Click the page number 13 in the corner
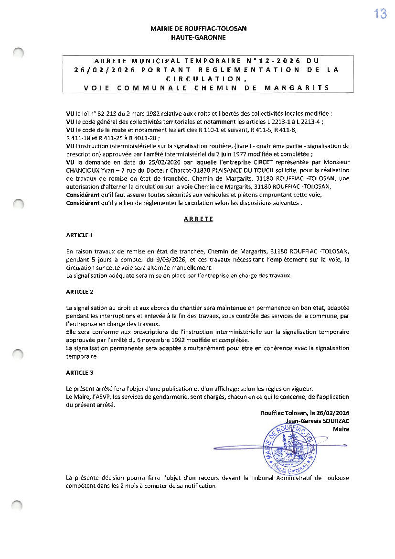pyautogui.click(x=380, y=14)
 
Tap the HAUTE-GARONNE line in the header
pyautogui.click(x=198, y=37)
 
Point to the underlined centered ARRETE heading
pyautogui.click(x=198, y=219)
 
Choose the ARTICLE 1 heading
pyautogui.click(x=80, y=235)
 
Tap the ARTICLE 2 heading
pyautogui.click(x=80, y=292)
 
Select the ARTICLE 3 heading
pyautogui.click(x=80, y=373)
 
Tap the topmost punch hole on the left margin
pyautogui.click(x=18, y=53)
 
